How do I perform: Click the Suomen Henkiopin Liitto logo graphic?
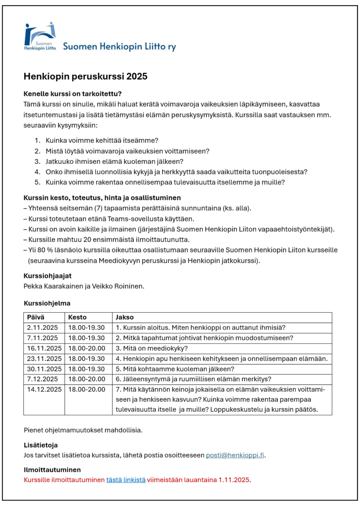point(40,36)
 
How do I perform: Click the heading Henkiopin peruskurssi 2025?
point(85,76)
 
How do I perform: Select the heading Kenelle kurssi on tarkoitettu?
point(73,94)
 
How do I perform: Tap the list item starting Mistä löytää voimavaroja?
point(127,151)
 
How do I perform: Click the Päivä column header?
point(36,317)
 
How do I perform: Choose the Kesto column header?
point(77,317)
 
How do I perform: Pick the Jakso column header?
point(125,317)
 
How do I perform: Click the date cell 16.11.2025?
point(44,349)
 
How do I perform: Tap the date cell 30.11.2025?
point(44,369)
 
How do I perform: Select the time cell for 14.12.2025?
point(87,390)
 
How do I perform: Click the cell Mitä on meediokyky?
point(151,349)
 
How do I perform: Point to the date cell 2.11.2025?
point(42,328)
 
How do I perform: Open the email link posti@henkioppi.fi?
point(235,455)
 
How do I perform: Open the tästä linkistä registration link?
point(126,480)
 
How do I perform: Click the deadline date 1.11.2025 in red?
point(234,480)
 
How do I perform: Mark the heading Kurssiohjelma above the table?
point(47,304)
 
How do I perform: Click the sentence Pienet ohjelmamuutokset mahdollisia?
point(83,430)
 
